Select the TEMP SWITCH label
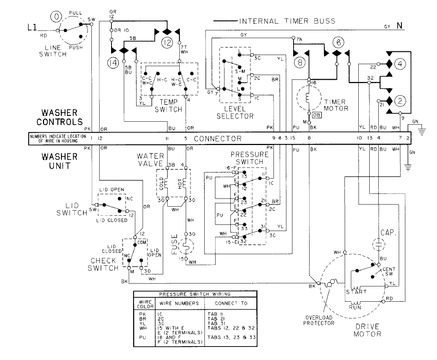pyautogui.click(x=169, y=106)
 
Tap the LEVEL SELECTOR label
pyautogui.click(x=235, y=113)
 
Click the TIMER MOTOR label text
pyautogui.click(x=335, y=105)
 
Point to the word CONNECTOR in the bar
pyautogui.click(x=218, y=138)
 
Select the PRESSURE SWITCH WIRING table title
pyautogui.click(x=195, y=294)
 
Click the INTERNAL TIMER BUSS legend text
pyautogui.click(x=287, y=21)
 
